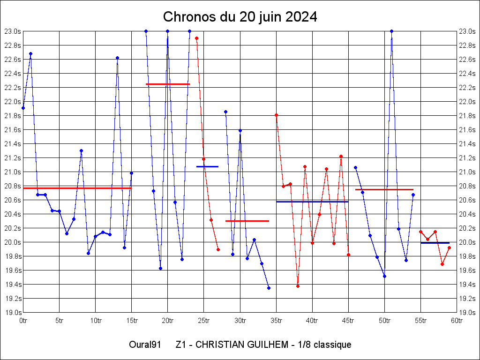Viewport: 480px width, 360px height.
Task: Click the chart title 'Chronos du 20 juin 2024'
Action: (x=240, y=17)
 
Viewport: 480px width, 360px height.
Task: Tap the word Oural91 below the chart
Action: (x=145, y=345)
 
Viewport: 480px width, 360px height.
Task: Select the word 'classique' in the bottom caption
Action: (x=332, y=345)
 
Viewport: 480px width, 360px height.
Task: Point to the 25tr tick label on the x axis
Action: (x=204, y=321)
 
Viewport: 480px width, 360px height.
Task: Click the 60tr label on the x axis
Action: (x=457, y=321)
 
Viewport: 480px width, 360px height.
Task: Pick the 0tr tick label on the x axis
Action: (x=23, y=321)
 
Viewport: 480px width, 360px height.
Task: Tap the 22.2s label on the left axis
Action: (x=13, y=88)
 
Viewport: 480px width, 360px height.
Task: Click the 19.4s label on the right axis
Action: (x=467, y=285)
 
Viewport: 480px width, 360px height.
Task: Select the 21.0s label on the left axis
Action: (x=13, y=172)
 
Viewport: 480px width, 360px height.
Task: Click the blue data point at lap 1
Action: (x=30, y=53)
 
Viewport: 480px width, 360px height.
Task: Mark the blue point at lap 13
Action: (x=117, y=58)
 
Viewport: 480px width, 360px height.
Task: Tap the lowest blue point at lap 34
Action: (x=269, y=288)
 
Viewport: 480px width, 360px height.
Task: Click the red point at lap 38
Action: (x=298, y=286)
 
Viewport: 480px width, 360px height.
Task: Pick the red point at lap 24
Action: (x=196, y=38)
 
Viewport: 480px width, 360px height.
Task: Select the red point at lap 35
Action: (x=276, y=115)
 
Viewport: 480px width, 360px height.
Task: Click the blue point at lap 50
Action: (x=384, y=276)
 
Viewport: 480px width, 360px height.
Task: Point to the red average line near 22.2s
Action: (x=167, y=84)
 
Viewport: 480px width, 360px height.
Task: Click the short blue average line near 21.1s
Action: (x=207, y=166)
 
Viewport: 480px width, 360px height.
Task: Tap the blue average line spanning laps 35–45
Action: (x=312, y=202)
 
